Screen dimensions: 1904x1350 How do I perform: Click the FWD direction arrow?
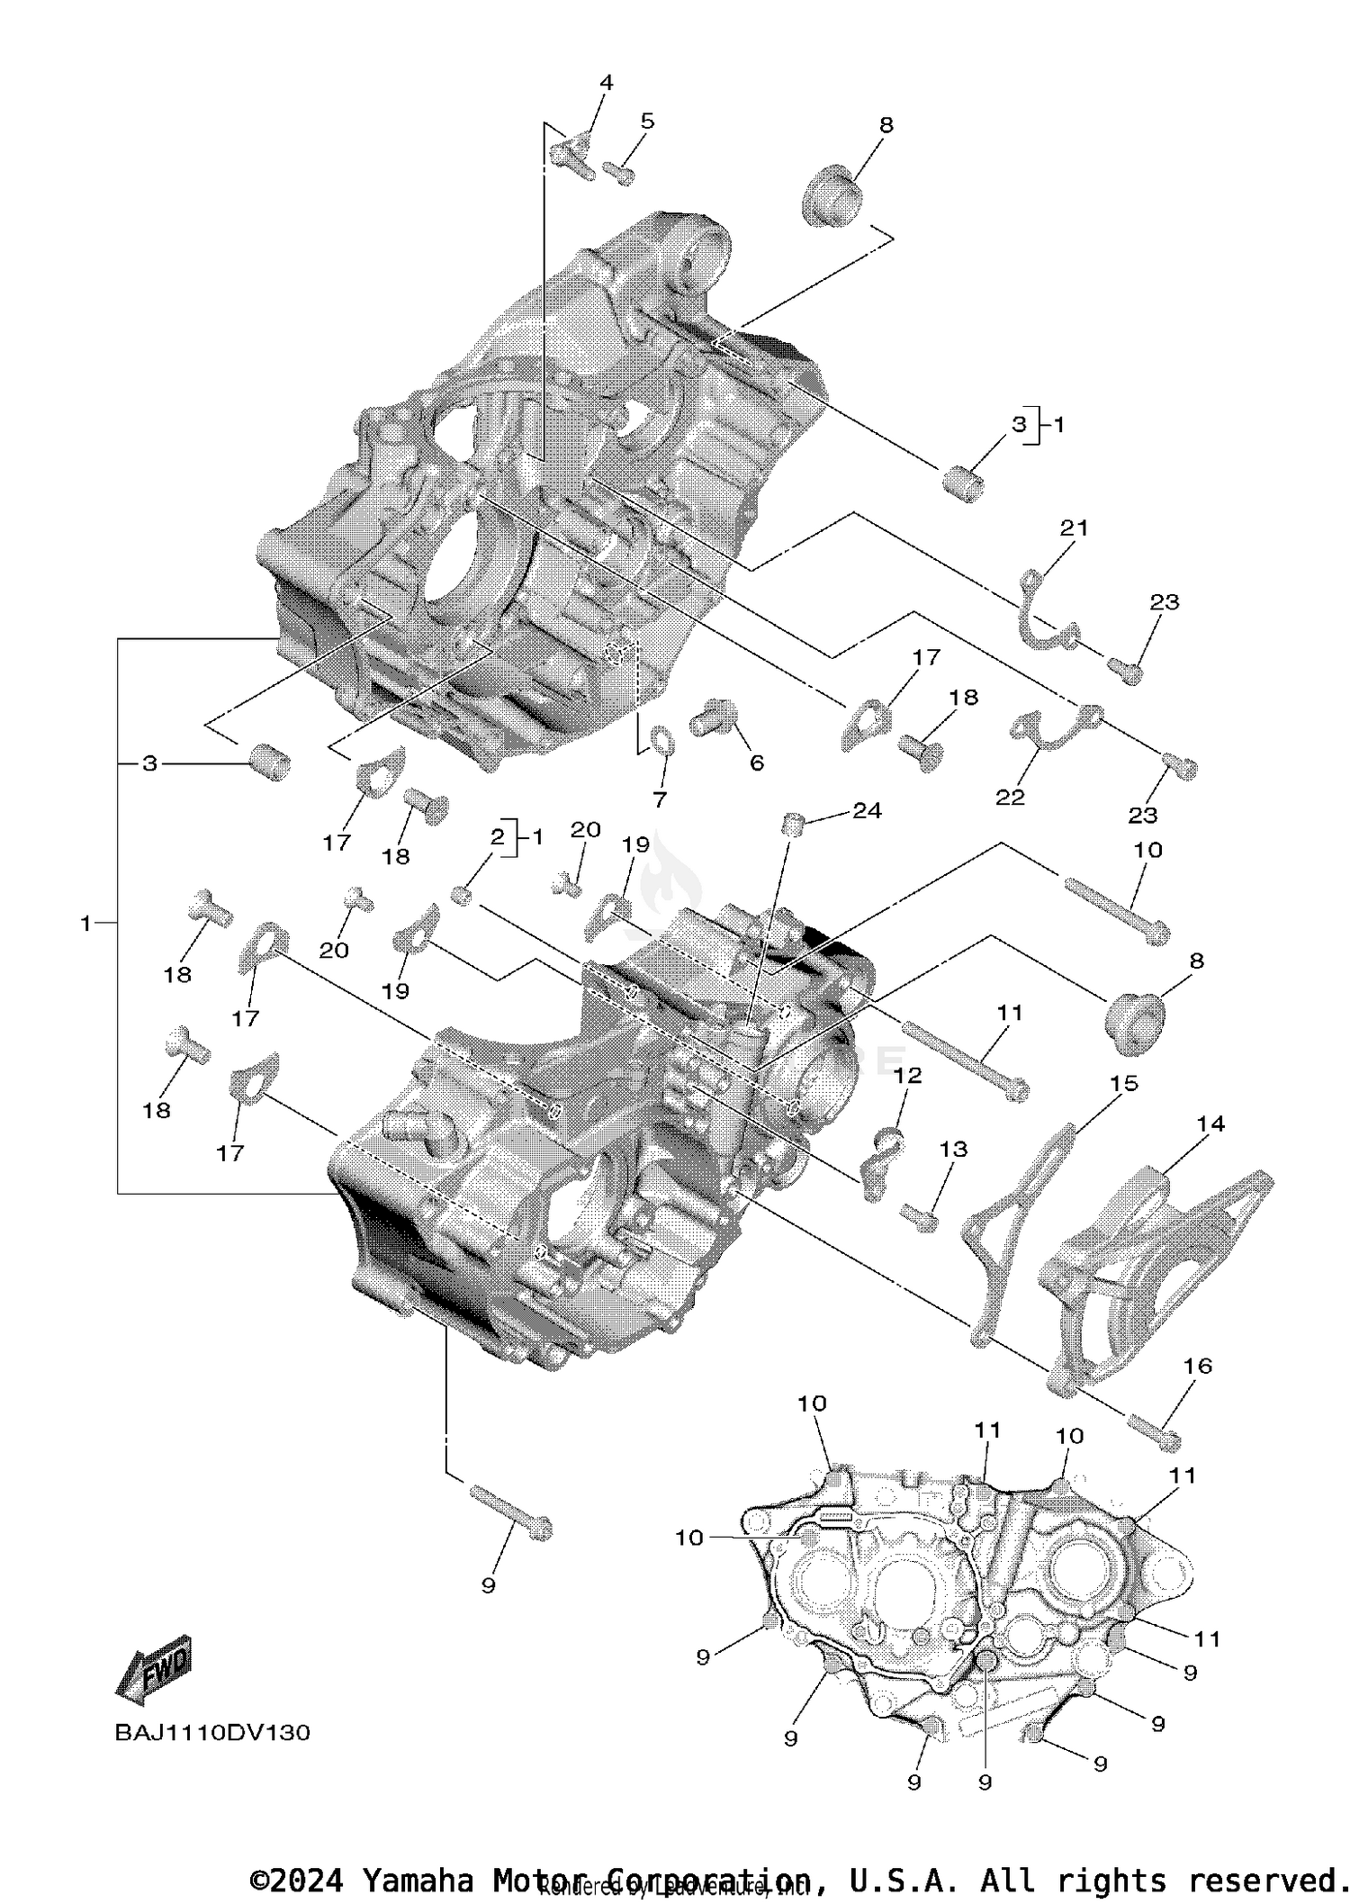click(x=155, y=1668)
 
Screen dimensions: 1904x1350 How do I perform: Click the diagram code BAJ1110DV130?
click(x=212, y=1732)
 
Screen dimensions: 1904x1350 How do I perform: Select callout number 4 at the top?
click(x=606, y=83)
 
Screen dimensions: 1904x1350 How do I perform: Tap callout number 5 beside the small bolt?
click(x=647, y=121)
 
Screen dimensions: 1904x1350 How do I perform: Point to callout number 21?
click(x=1074, y=528)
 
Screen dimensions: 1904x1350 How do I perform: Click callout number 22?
click(x=1010, y=797)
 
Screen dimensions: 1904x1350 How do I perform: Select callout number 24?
click(x=867, y=810)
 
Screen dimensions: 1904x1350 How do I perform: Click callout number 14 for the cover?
click(x=1210, y=1123)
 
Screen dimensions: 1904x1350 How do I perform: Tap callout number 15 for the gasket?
click(x=1124, y=1083)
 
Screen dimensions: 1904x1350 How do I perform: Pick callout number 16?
click(x=1198, y=1366)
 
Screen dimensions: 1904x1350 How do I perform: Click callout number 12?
click(x=908, y=1075)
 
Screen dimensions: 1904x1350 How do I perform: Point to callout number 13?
click(x=953, y=1149)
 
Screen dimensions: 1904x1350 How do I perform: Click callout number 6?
click(x=757, y=763)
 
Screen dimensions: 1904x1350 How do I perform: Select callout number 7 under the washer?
click(x=660, y=799)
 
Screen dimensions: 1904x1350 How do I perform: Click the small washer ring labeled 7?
click(x=662, y=740)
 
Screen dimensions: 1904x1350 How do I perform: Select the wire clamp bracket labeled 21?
click(x=1044, y=612)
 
